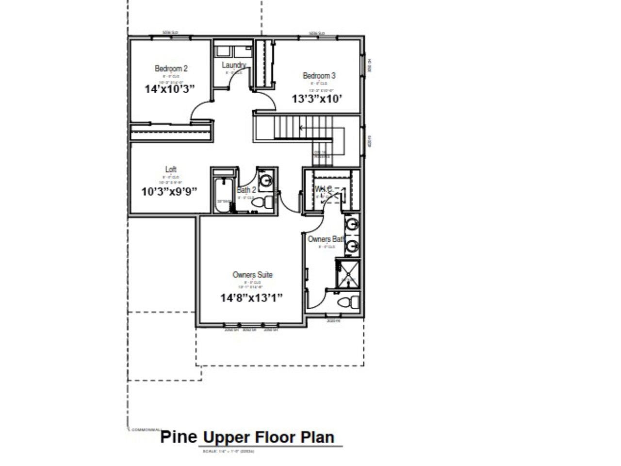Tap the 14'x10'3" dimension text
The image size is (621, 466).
pos(170,89)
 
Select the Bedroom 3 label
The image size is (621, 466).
pos(319,76)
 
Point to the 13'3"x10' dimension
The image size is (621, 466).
pos(317,99)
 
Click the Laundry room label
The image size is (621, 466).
pos(234,65)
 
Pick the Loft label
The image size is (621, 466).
pos(171,169)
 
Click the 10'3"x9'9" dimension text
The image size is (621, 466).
pos(169,191)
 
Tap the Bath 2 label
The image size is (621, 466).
pos(246,190)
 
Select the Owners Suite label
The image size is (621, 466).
pos(252,275)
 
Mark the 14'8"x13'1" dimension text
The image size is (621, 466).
pos(251,298)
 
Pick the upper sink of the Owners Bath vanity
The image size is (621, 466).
pos(352,225)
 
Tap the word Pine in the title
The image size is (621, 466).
pos(179,437)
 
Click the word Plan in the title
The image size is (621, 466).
pos(318,437)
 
